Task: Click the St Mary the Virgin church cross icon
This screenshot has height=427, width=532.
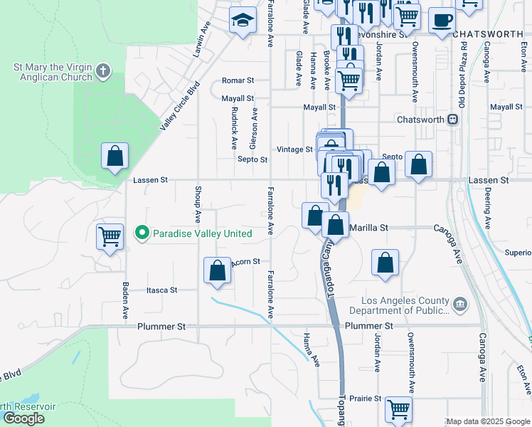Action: pyautogui.click(x=104, y=70)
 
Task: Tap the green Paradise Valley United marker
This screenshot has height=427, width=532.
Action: pyautogui.click(x=142, y=233)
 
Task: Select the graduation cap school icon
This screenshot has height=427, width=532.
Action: pyautogui.click(x=243, y=20)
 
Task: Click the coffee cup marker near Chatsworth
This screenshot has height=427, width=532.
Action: pyautogui.click(x=442, y=21)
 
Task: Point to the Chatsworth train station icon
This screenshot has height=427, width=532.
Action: pyautogui.click(x=451, y=120)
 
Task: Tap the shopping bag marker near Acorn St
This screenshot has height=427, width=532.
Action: pyautogui.click(x=217, y=271)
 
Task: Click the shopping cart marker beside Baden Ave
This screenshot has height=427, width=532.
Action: pyautogui.click(x=110, y=236)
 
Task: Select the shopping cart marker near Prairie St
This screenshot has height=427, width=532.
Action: pyautogui.click(x=398, y=409)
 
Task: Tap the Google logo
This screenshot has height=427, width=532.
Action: pyautogui.click(x=23, y=418)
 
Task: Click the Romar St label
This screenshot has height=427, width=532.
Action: pyautogui.click(x=238, y=81)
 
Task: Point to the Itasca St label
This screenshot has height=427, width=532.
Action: pyautogui.click(x=161, y=290)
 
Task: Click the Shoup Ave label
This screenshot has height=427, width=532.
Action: pyautogui.click(x=198, y=201)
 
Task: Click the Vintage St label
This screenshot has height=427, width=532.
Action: pyautogui.click(x=294, y=149)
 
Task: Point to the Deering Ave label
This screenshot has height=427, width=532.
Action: pyautogui.click(x=487, y=207)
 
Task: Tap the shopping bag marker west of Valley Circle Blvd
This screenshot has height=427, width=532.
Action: pyautogui.click(x=115, y=156)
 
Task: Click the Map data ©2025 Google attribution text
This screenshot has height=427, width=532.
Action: pyautogui.click(x=488, y=421)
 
